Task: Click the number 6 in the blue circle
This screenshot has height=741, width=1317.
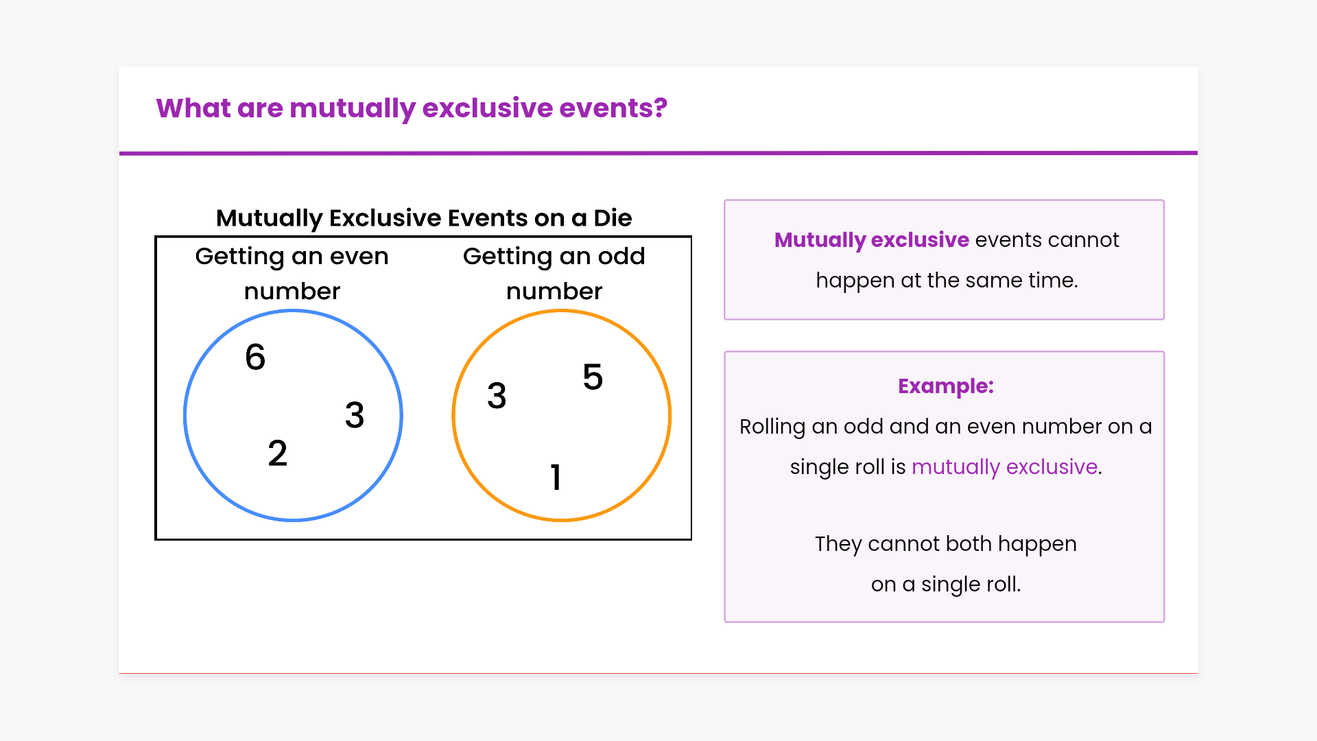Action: click(255, 357)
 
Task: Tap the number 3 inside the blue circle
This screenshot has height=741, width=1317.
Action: click(355, 415)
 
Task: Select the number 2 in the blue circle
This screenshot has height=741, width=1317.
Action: click(278, 454)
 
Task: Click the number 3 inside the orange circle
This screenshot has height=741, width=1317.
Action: click(497, 396)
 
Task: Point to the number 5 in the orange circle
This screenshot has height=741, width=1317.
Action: click(593, 377)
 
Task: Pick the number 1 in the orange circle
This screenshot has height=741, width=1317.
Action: click(556, 477)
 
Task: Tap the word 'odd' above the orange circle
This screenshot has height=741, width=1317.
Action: click(621, 256)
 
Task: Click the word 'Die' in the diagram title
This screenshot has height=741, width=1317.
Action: click(613, 218)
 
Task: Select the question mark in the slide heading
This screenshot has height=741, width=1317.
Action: click(661, 108)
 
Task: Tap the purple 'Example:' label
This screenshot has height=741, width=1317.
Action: click(946, 386)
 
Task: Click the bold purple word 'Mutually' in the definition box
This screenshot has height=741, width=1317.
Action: click(820, 241)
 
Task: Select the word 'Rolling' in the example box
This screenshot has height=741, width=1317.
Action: click(772, 427)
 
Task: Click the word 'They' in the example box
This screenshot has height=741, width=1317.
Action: click(838, 544)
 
